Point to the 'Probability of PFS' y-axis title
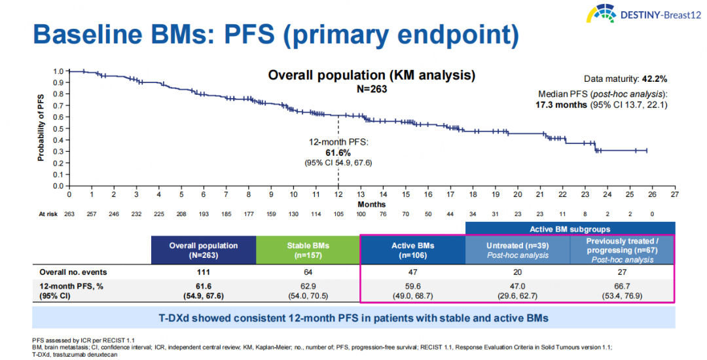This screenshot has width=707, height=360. pyautogui.click(x=41, y=128)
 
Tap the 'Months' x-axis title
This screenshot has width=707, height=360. pyautogui.click(x=372, y=204)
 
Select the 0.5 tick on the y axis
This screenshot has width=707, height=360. pyautogui.click(x=58, y=128)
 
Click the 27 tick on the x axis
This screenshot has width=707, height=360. pyautogui.click(x=675, y=194)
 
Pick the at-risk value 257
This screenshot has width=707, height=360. pyautogui.click(x=92, y=215)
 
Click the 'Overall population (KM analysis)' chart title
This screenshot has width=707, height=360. pyautogui.click(x=371, y=75)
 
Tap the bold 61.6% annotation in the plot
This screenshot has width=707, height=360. pyautogui.click(x=338, y=152)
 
